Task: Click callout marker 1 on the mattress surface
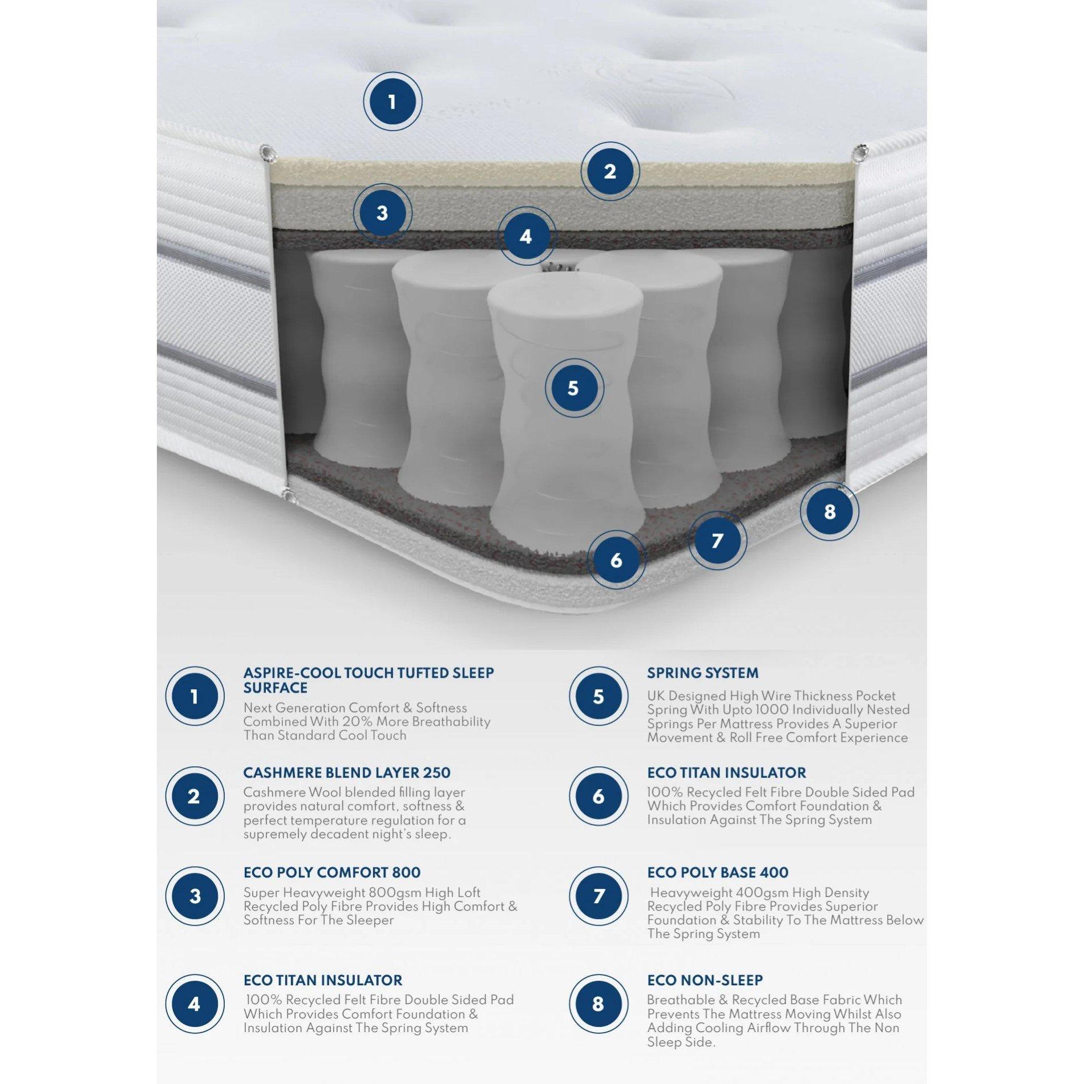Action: click(x=392, y=102)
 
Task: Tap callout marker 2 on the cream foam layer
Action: click(x=610, y=171)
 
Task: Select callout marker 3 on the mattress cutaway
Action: click(x=382, y=213)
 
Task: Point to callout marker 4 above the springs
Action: click(x=526, y=236)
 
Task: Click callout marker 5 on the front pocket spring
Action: click(x=573, y=388)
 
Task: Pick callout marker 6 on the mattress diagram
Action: click(x=616, y=560)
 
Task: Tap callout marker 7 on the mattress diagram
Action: click(x=717, y=540)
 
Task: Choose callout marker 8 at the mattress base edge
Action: click(x=830, y=511)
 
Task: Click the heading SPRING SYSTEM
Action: click(x=702, y=673)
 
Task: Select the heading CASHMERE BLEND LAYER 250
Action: click(x=346, y=773)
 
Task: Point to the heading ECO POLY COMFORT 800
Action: click(x=331, y=873)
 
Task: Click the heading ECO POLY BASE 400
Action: click(x=717, y=873)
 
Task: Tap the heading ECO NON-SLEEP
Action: click(x=705, y=980)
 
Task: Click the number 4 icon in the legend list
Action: click(x=195, y=1004)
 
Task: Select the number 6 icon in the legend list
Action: click(x=598, y=796)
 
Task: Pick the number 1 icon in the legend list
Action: click(x=195, y=697)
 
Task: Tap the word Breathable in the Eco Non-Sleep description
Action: click(x=681, y=1000)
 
